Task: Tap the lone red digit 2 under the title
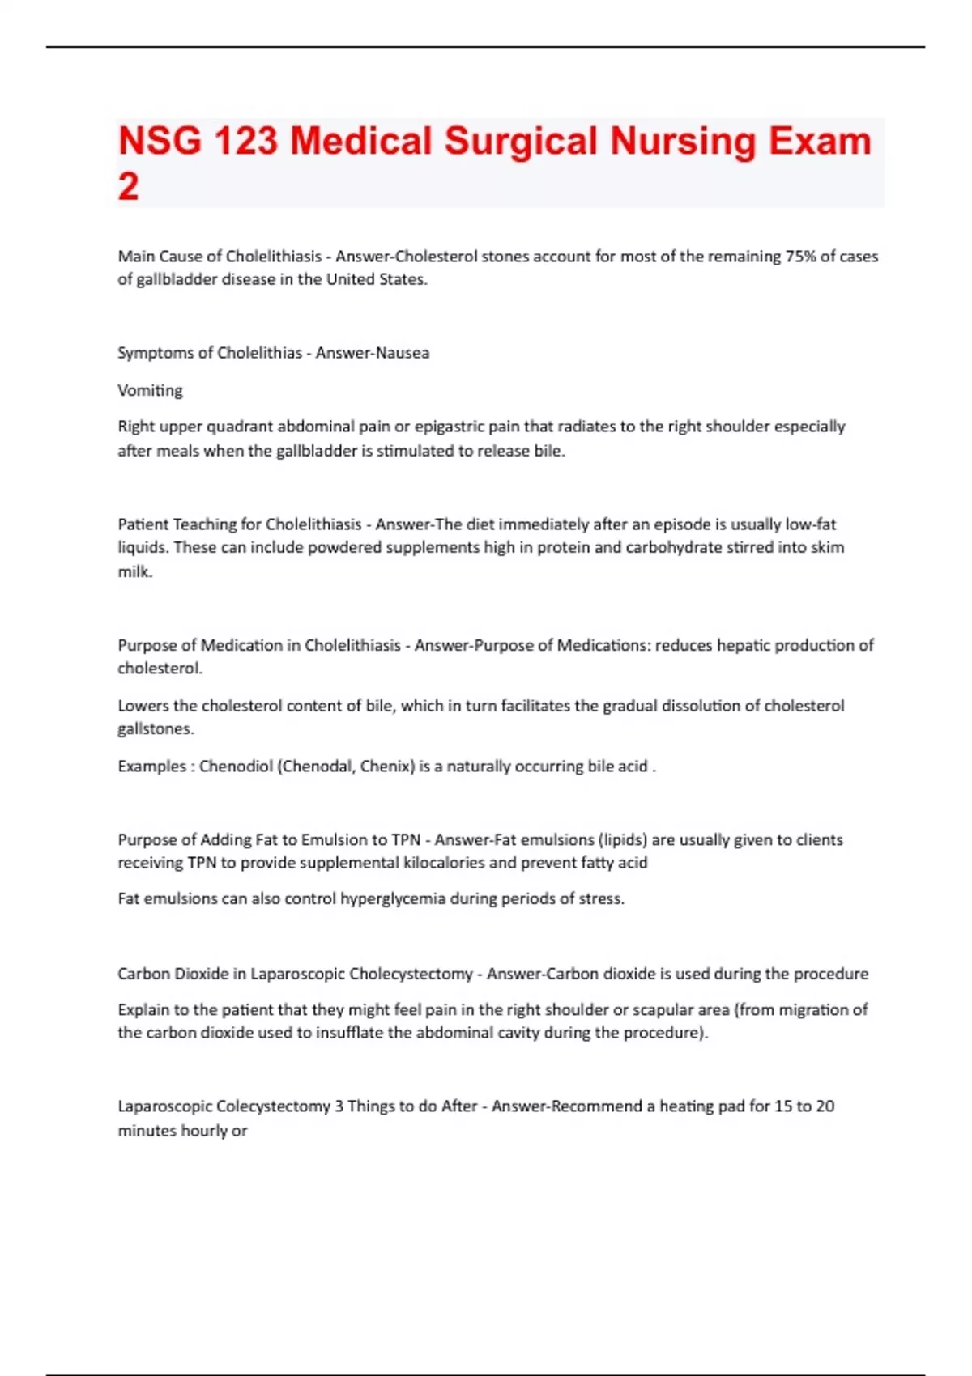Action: (128, 187)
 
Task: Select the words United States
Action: (376, 279)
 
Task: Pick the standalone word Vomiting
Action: (150, 390)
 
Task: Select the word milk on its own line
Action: (134, 571)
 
